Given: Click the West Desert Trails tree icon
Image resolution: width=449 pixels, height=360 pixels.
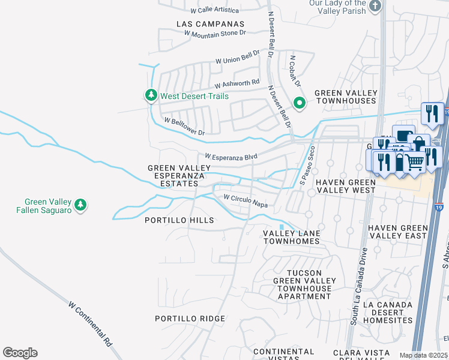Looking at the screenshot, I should coord(151,96).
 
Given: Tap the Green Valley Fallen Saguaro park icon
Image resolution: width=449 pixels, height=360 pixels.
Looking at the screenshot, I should coord(80,206).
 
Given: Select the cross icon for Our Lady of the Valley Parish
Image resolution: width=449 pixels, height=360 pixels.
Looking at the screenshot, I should coord(375,7).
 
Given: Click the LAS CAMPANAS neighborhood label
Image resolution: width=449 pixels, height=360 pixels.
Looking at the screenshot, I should coord(211,24).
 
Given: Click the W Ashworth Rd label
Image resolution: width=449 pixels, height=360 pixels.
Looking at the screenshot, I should coord(237,83).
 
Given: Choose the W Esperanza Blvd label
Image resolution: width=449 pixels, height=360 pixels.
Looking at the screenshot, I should coord(231,156).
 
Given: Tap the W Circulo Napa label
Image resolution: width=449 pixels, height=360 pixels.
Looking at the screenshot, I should coord(245,200).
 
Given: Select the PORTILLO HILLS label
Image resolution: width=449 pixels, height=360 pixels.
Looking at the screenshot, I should coord(179,220).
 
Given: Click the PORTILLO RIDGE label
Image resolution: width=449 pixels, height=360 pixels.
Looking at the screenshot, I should coord(190,319).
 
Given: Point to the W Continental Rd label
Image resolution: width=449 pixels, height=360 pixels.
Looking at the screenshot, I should coord(91,324).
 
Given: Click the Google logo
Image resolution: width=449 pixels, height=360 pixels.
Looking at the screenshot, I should coord(20,353).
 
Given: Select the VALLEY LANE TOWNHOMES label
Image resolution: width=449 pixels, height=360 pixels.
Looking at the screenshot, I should coord(292,236).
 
